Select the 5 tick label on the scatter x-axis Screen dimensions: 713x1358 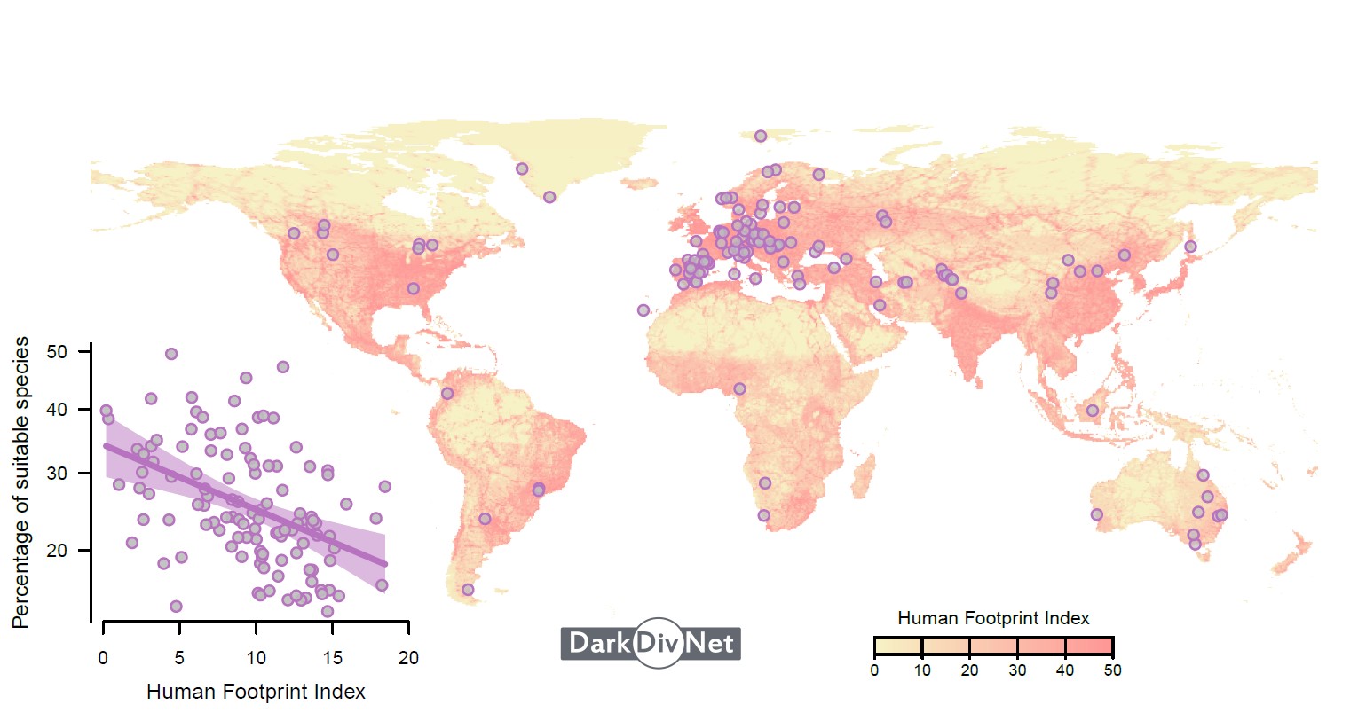pyautogui.click(x=179, y=658)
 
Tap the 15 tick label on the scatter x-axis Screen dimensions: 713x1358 pyautogui.click(x=332, y=658)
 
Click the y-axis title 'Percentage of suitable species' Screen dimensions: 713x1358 pyautogui.click(x=20, y=482)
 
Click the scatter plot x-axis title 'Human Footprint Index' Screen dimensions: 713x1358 pyautogui.click(x=256, y=692)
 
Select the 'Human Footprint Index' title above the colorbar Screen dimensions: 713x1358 pyautogui.click(x=993, y=617)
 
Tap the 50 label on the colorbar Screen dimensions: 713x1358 pyautogui.click(x=1112, y=670)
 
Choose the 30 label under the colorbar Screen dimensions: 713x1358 pyautogui.click(x=1017, y=670)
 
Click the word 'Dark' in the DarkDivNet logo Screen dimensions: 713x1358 pyautogui.click(x=599, y=643)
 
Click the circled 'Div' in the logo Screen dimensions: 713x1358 pyautogui.click(x=659, y=643)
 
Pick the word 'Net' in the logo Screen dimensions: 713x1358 pyautogui.click(x=709, y=643)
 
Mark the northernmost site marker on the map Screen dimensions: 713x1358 pyautogui.click(x=761, y=136)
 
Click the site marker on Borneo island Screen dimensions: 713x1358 pyautogui.click(x=1093, y=411)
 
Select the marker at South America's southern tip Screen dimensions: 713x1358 pyautogui.click(x=468, y=590)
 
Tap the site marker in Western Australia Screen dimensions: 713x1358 pyautogui.click(x=1097, y=514)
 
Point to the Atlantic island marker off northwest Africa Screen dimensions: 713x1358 pyautogui.click(x=643, y=310)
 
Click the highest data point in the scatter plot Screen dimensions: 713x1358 pyautogui.click(x=171, y=354)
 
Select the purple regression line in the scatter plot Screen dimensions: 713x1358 pyautogui.click(x=246, y=505)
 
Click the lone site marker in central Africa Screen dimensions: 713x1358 pyautogui.click(x=739, y=388)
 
